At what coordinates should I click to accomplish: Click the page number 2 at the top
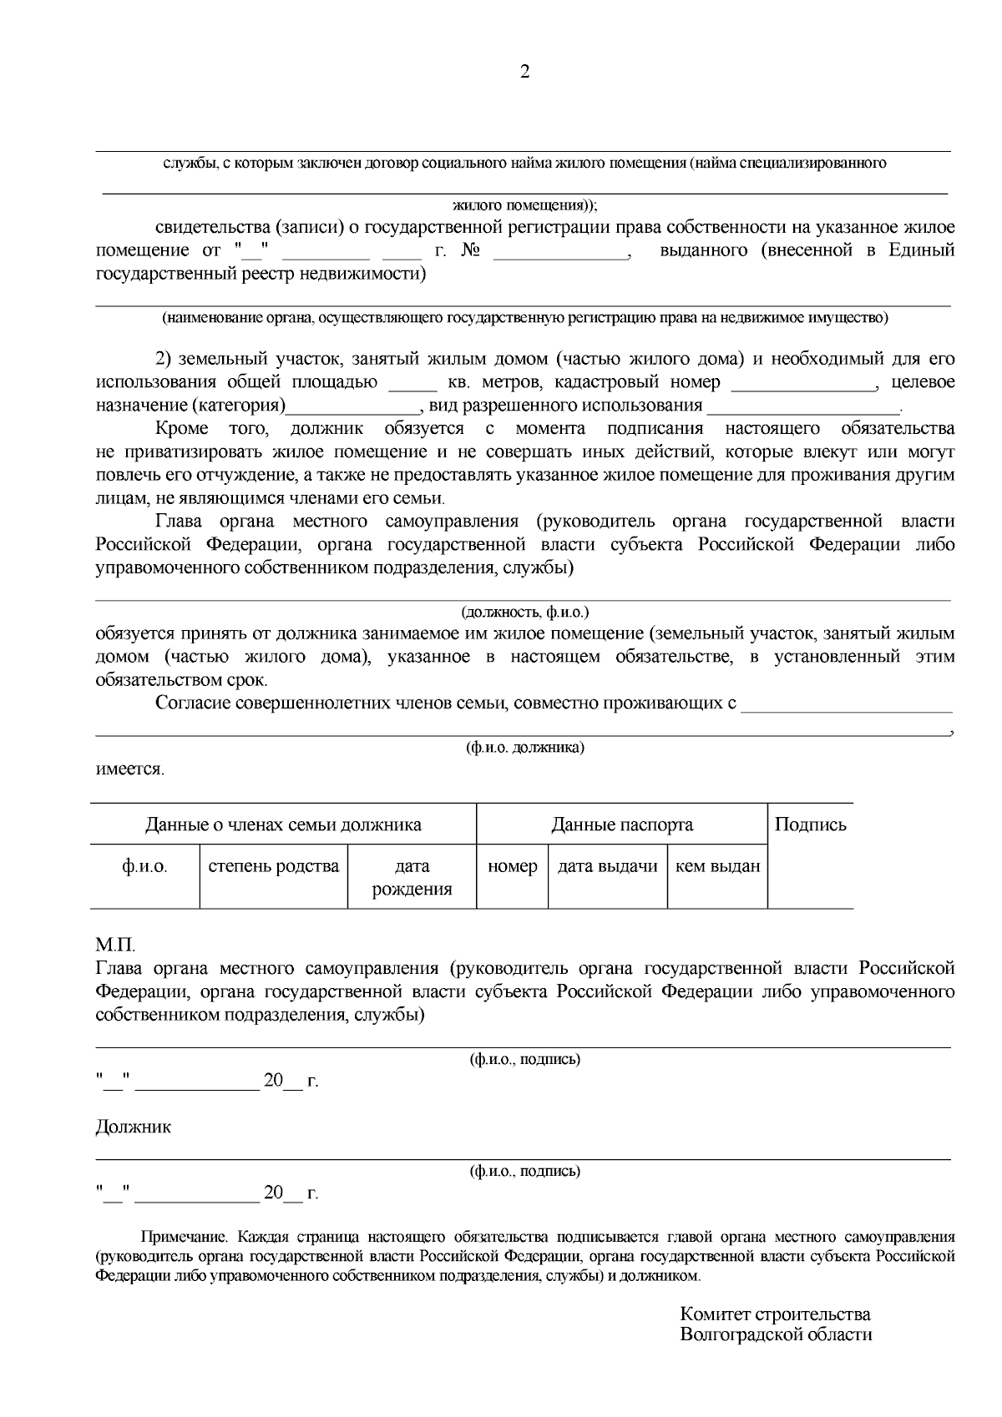524,72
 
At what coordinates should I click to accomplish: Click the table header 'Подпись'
810,824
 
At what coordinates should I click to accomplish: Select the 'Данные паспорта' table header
621,824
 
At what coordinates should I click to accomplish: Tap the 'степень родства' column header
273,865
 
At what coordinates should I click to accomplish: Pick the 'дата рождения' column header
412,877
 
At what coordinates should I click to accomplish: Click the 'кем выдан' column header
717,865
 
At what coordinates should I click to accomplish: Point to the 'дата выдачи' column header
607,865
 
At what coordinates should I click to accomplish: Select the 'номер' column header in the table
512,865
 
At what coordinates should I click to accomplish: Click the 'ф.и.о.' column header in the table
144,865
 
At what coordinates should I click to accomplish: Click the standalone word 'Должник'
134,1127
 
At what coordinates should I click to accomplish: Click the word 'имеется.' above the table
129,769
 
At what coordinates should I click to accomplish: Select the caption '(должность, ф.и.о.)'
524,612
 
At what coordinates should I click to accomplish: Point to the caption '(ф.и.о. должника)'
524,747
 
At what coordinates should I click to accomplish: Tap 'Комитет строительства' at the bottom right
775,1314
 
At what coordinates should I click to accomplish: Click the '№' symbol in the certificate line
469,250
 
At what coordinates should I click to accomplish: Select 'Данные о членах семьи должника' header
283,824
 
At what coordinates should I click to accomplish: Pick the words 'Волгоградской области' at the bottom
776,1334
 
